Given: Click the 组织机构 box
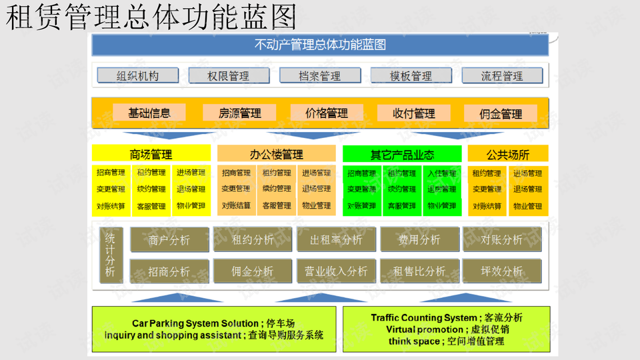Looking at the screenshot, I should [138, 75].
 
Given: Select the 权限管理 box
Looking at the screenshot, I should [229, 75].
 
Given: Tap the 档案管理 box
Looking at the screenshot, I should [319, 75].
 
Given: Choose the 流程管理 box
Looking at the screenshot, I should [502, 75].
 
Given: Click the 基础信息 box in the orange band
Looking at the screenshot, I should [149, 113].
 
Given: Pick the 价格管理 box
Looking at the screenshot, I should [327, 113].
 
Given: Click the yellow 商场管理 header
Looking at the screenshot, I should [151, 155].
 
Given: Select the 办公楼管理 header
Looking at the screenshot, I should [276, 155].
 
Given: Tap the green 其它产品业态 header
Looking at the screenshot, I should [402, 155].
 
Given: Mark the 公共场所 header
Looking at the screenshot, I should [508, 155].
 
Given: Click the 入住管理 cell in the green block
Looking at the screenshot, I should [441, 173].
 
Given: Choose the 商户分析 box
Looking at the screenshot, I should [169, 239].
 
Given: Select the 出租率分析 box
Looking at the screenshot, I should [336, 239].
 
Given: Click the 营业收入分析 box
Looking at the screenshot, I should [336, 271].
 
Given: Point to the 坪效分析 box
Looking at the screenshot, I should [502, 271].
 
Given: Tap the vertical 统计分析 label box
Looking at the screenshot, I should [110, 255].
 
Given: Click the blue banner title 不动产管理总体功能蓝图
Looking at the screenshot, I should [320, 45].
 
